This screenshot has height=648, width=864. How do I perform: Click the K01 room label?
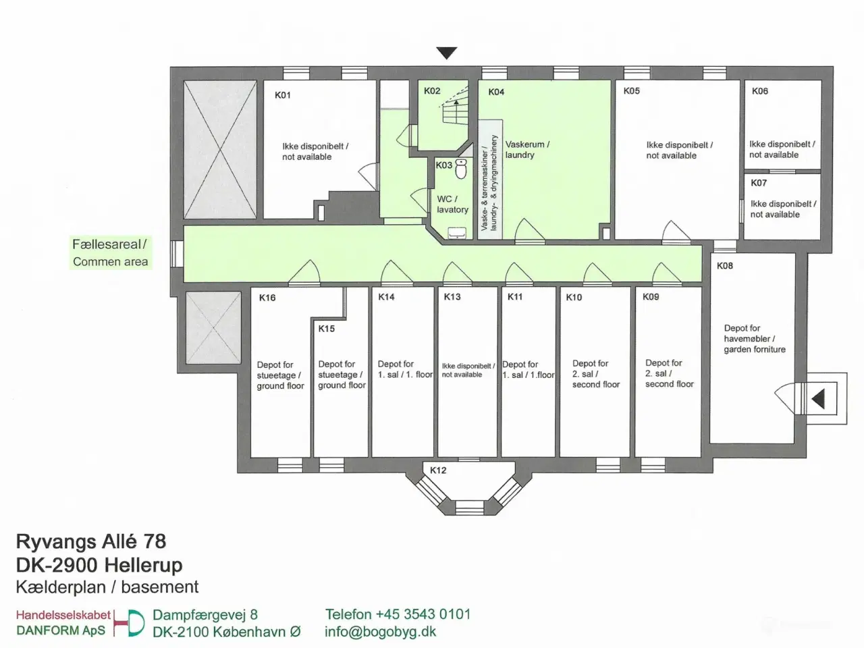click(283, 95)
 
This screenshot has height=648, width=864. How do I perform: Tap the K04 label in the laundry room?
click(496, 92)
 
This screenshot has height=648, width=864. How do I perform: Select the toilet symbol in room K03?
click(461, 169)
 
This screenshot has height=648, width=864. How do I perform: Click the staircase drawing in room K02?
click(455, 112)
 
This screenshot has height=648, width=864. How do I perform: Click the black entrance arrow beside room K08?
click(817, 399)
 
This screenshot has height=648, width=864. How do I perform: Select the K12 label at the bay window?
click(438, 470)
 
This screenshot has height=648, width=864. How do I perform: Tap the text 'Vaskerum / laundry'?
click(527, 150)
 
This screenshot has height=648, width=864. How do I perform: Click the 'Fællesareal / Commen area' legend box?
click(110, 253)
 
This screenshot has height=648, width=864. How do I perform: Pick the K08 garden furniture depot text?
click(754, 339)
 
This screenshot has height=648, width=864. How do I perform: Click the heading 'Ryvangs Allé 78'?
click(91, 541)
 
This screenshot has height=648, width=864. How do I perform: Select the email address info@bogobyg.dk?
click(380, 632)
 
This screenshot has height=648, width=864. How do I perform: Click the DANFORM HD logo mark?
click(130, 623)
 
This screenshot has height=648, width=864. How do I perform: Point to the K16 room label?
click(267, 298)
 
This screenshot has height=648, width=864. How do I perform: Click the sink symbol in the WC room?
click(457, 233)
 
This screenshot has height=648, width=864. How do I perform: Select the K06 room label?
click(760, 91)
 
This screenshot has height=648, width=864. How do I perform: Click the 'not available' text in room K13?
click(462, 375)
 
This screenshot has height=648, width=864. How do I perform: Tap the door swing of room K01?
click(367, 177)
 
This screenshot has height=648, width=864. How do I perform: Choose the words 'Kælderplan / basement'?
click(107, 587)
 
